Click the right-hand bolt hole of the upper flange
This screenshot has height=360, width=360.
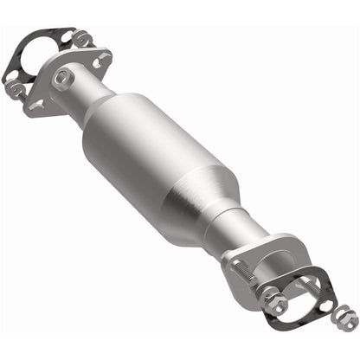(x=103, y=61)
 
